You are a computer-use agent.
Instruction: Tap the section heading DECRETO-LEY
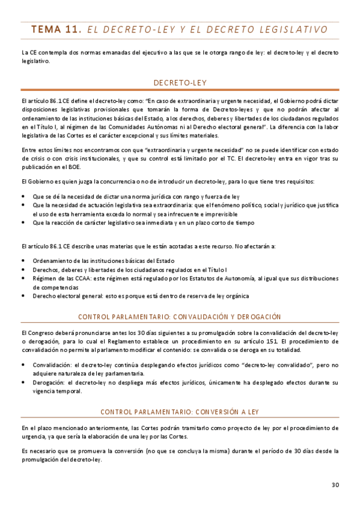point(180,82)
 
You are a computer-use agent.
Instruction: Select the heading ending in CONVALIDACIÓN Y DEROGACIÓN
point(180,317)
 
